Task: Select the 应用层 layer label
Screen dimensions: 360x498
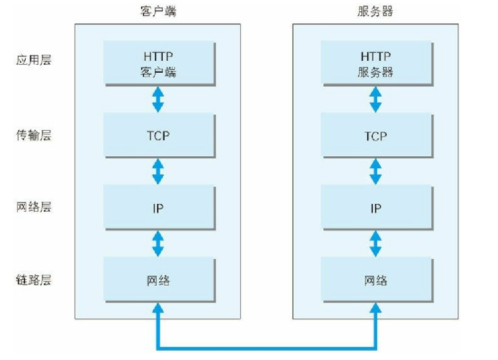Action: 34,60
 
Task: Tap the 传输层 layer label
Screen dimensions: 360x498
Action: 34,136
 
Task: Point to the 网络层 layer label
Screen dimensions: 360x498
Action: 34,207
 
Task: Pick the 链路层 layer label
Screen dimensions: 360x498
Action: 34,279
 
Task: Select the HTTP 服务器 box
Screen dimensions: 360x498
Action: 375,64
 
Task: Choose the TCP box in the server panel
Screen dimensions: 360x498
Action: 375,136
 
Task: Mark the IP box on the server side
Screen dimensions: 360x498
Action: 375,208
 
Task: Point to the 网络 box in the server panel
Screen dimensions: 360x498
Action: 375,280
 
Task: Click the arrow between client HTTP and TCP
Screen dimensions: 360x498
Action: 157,99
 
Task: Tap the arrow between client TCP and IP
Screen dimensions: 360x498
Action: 157,171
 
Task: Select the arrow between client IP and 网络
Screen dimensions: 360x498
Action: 157,244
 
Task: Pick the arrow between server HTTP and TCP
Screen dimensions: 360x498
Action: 375,99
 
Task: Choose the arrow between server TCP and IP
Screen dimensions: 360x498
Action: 375,171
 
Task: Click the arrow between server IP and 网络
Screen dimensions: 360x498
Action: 375,244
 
